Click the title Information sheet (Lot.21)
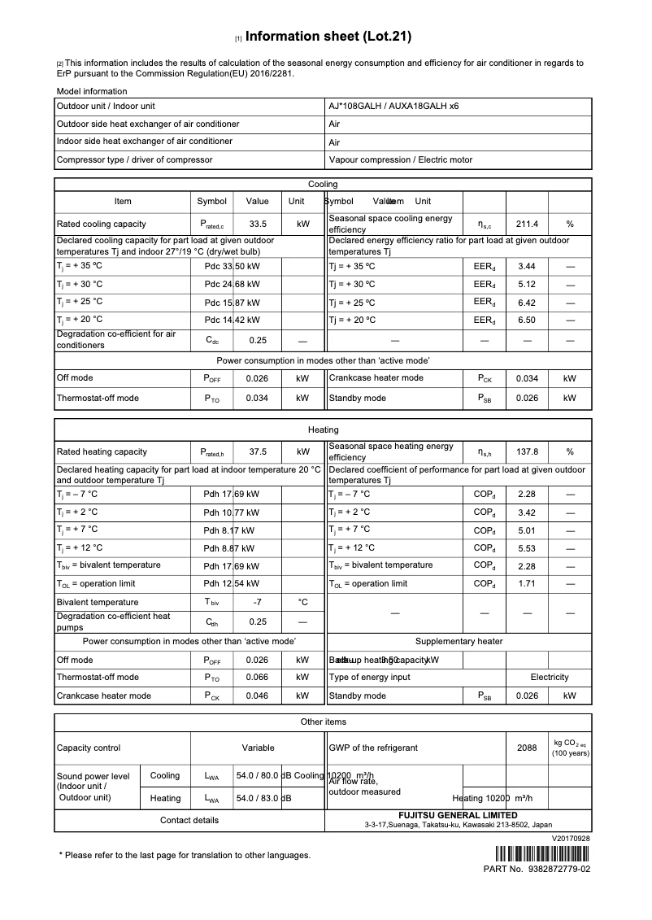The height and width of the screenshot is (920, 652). pos(328,37)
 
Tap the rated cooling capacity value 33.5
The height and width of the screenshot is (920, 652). pos(258,224)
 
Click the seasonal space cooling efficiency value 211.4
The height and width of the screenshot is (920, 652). pos(528,224)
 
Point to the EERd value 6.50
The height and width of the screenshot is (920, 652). pos(527,320)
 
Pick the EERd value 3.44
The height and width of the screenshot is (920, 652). pos(527,267)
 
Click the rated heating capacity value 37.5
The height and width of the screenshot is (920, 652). pos(258,451)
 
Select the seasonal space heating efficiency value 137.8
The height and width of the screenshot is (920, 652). pos(528,451)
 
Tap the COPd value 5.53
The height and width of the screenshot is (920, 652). pos(527,548)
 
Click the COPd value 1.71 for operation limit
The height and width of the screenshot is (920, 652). pos(527,584)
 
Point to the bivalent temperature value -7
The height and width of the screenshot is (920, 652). pos(258,603)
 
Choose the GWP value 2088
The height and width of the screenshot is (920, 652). pos(527,748)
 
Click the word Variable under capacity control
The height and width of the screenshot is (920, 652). pos(258,748)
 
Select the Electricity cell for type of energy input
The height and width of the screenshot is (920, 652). pos(550,678)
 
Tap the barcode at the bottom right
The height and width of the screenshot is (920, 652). pos(541,854)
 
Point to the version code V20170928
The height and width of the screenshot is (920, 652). pos(571,838)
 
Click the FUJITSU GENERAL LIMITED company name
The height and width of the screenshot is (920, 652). pos(458,815)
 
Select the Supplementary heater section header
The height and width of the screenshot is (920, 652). pos(459,642)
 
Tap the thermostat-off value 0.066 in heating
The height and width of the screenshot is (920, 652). pos(258,678)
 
